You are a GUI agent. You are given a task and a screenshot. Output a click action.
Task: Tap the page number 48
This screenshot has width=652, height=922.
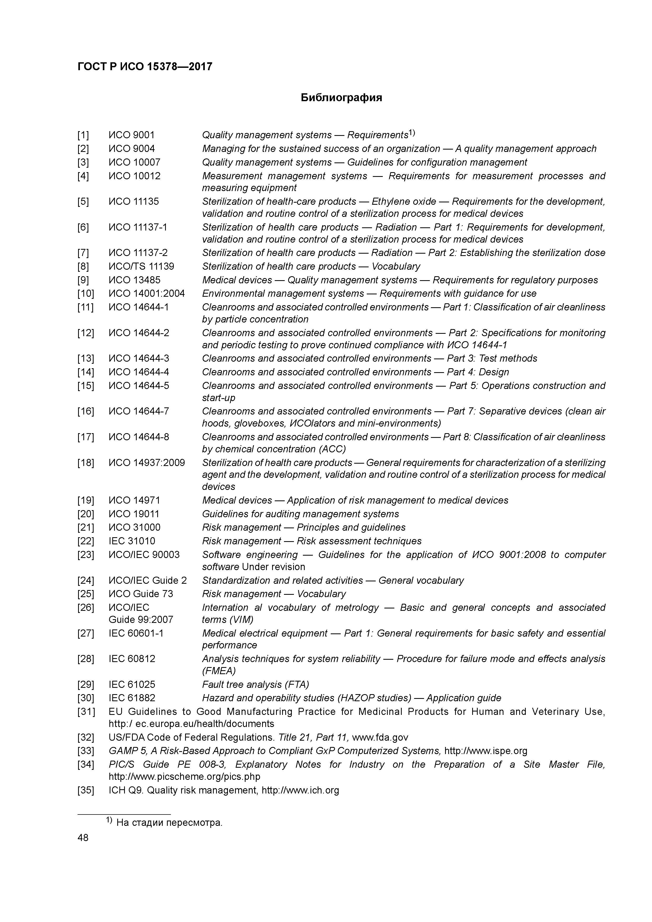coord(83,838)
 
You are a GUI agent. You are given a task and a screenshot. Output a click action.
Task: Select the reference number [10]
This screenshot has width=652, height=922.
coord(85,294)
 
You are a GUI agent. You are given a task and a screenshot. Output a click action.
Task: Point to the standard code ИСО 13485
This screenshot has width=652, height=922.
coord(134,280)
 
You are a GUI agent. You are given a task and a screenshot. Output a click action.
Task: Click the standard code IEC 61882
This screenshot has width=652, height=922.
coord(132,698)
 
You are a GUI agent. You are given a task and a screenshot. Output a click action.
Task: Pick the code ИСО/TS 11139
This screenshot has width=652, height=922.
coord(141,266)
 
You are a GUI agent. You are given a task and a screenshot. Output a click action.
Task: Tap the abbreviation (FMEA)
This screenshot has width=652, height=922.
coord(218,671)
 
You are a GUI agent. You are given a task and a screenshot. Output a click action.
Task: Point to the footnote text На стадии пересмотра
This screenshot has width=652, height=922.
coord(169,823)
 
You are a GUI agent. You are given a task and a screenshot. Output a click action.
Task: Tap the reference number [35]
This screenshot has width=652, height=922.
coord(85,790)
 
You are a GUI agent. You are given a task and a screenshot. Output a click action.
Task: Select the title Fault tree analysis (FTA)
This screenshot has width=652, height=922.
coord(256,684)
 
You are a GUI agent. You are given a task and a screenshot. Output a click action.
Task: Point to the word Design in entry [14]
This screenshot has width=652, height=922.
coord(494,372)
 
